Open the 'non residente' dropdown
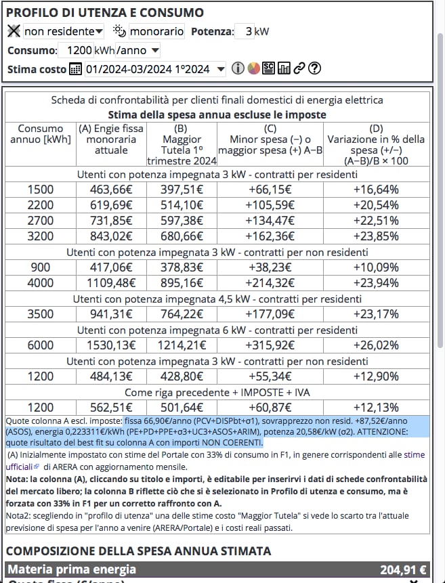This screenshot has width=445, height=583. pyautogui.click(x=64, y=31)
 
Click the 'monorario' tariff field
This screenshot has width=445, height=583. pyautogui.click(x=156, y=31)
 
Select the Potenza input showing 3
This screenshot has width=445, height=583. pyautogui.click(x=244, y=31)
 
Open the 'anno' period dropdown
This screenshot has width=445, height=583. pyautogui.click(x=137, y=50)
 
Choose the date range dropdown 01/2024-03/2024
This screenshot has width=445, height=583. pyautogui.click(x=155, y=68)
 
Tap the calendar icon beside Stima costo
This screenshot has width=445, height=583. pyautogui.click(x=75, y=68)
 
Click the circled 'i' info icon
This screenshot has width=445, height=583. pyautogui.click(x=238, y=68)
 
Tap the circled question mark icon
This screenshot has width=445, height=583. pyautogui.click(x=314, y=68)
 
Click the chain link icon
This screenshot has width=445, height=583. pyautogui.click(x=299, y=68)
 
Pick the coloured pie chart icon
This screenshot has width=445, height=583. pyautogui.click(x=253, y=68)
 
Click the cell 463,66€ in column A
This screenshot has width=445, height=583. pyautogui.click(x=111, y=189)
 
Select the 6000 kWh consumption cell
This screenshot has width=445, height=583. pyautogui.click(x=41, y=345)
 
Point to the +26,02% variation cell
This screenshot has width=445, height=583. pyautogui.click(x=376, y=345)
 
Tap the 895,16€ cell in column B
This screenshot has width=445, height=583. pyautogui.click(x=181, y=283)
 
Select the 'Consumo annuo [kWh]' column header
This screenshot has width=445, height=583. pyautogui.click(x=41, y=133)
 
